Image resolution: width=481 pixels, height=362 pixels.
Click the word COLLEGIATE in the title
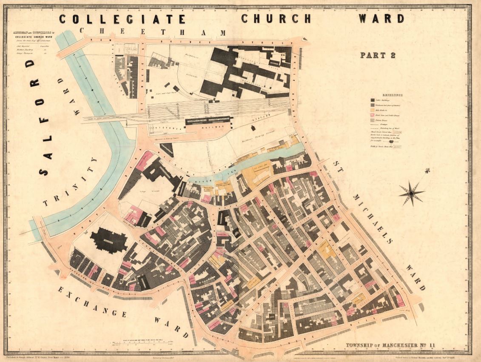pos(122,19)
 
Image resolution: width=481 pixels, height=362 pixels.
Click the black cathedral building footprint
pos(109,240)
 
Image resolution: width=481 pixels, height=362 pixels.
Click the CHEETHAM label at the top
pos(153,32)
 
